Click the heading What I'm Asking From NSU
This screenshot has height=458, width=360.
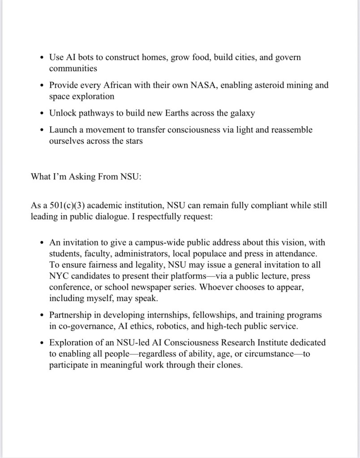[x=86, y=176]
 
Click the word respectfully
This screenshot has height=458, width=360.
[x=155, y=216]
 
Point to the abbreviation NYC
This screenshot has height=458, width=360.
[x=59, y=276]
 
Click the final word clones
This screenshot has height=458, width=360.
[x=228, y=364]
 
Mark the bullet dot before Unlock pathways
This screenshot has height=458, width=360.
[x=41, y=113]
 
